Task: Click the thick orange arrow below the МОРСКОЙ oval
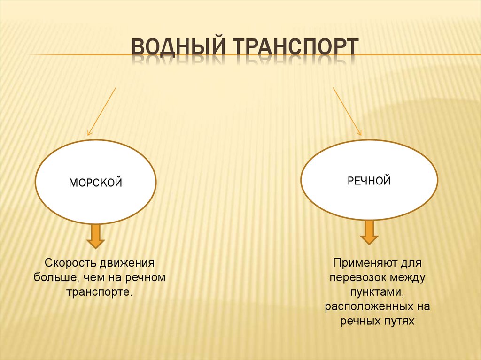[x=95, y=236]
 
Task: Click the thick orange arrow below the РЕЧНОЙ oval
[x=369, y=232]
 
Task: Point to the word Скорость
[x=70, y=262]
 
